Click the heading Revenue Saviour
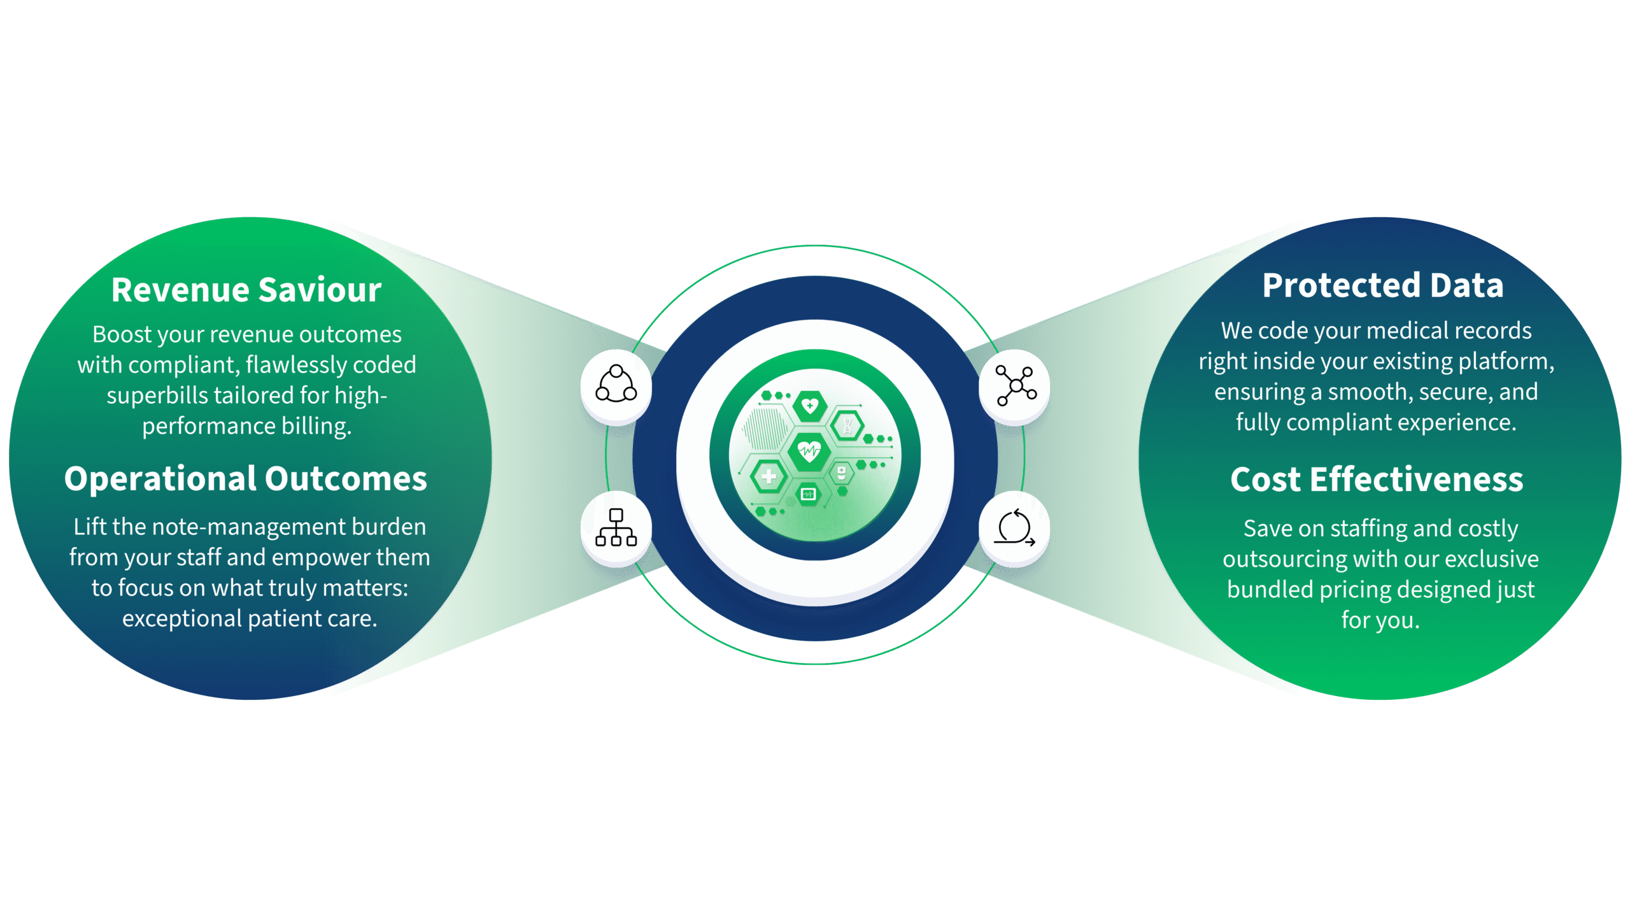click(x=246, y=290)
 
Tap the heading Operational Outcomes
click(x=245, y=479)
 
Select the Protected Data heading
click(x=1383, y=285)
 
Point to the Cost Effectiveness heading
click(x=1377, y=480)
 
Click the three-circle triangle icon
click(x=616, y=385)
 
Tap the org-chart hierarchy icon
click(x=616, y=527)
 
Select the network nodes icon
click(x=1016, y=385)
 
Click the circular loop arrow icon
click(x=1015, y=528)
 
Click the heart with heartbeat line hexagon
click(x=809, y=451)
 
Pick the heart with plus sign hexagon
click(x=810, y=405)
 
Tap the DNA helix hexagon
click(x=847, y=425)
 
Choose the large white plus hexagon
click(x=769, y=476)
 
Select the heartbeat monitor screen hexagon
click(x=808, y=494)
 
